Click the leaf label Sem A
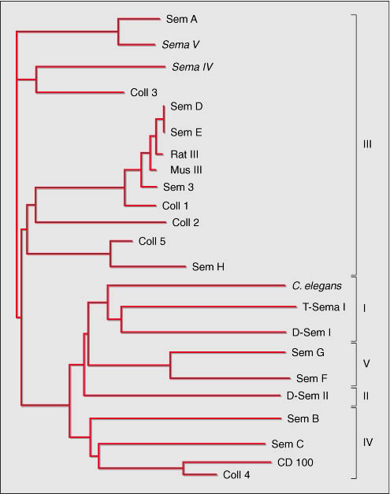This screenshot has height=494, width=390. [x=182, y=19]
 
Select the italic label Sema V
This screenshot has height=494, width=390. [x=180, y=45]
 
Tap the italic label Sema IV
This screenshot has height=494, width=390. [x=192, y=67]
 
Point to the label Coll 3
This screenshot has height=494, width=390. [x=143, y=93]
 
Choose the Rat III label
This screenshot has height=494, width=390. [x=184, y=154]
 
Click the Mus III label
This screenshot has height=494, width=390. [x=186, y=170]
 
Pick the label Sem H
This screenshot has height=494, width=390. [x=208, y=267]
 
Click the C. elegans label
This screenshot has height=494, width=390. [x=317, y=286]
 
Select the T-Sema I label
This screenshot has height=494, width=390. [x=324, y=306]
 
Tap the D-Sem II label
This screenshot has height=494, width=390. [x=307, y=396]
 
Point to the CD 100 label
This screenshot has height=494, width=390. [x=295, y=462]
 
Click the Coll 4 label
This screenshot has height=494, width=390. [x=236, y=475]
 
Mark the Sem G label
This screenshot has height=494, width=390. [x=308, y=352]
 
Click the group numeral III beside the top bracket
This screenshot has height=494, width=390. [x=367, y=145]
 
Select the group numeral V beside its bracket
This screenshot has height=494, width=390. [x=366, y=364]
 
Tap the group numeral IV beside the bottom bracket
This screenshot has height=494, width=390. [x=368, y=442]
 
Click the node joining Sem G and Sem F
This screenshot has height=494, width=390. [x=170, y=366]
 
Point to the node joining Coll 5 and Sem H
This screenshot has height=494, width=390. [x=110, y=253]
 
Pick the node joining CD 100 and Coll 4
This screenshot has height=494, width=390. [x=184, y=469]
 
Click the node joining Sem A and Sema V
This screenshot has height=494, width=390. [x=118, y=32]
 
